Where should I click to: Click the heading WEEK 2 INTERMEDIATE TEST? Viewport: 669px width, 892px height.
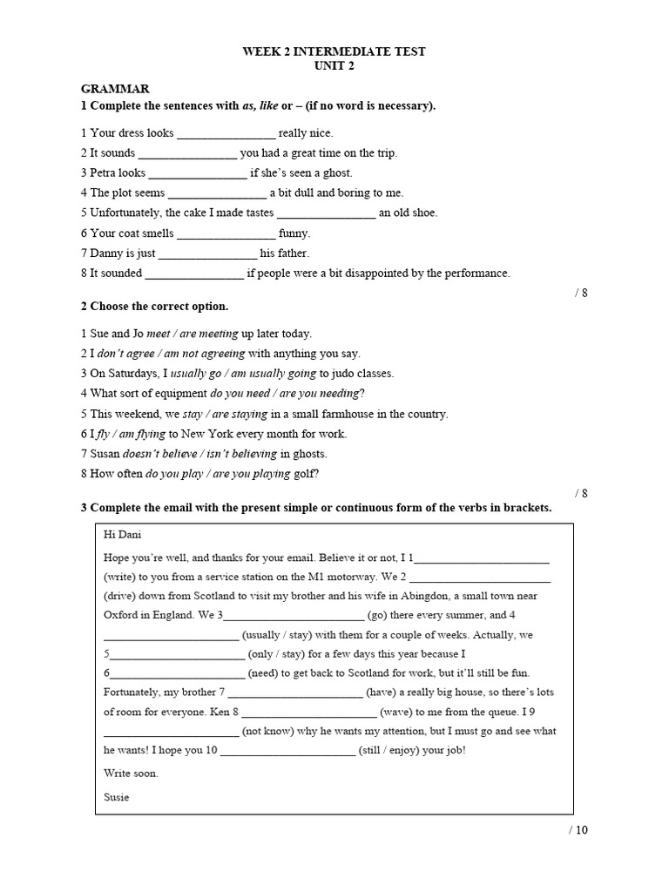pyautogui.click(x=334, y=51)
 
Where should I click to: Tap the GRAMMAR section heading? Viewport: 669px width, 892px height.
pyautogui.click(x=115, y=89)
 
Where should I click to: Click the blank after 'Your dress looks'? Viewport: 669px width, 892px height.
pyautogui.click(x=226, y=134)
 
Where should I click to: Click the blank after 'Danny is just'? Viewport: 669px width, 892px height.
pyautogui.click(x=208, y=253)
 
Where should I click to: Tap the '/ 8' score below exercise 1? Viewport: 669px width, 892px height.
pyautogui.click(x=581, y=293)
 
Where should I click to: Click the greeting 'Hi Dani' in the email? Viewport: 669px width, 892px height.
pyautogui.click(x=122, y=534)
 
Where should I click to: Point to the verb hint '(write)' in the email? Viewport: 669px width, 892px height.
pyautogui.click(x=119, y=577)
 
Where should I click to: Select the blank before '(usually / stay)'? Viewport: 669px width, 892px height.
pyautogui.click(x=171, y=636)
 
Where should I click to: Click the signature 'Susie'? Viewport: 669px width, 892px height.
pyautogui.click(x=116, y=797)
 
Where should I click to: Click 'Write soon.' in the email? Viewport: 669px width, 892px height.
pyautogui.click(x=131, y=774)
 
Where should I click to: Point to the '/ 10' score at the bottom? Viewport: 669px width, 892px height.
pyautogui.click(x=578, y=829)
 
